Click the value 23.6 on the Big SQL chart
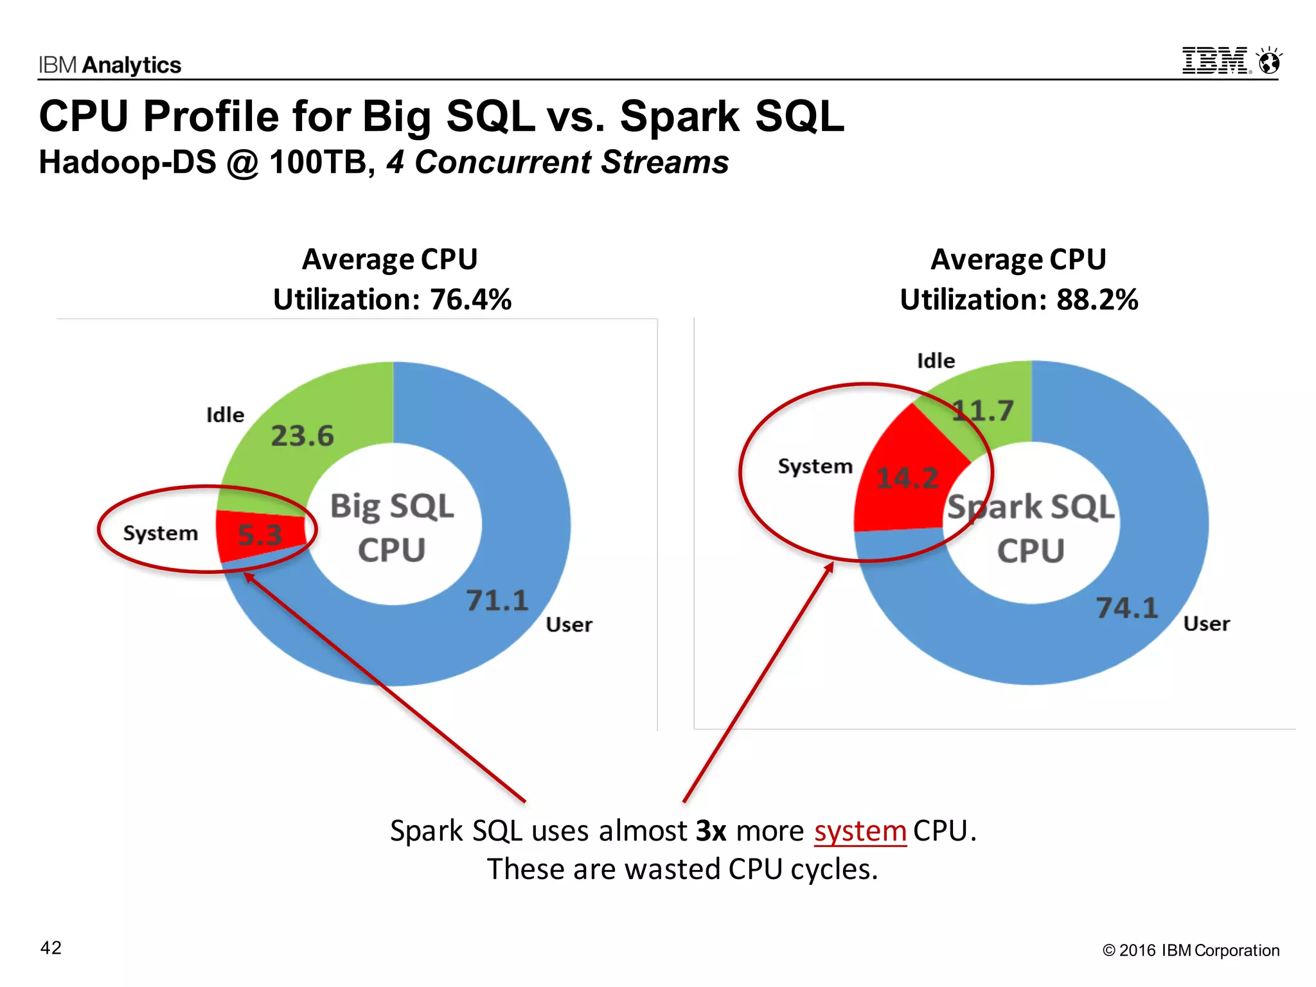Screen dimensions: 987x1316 click(x=302, y=436)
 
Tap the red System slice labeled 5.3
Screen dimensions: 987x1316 click(x=260, y=535)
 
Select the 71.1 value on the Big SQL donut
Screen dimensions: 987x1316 click(x=497, y=601)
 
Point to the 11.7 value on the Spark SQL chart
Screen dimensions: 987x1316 click(x=983, y=411)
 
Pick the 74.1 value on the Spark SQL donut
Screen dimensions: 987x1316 click(x=1126, y=608)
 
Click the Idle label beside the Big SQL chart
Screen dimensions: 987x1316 click(x=225, y=415)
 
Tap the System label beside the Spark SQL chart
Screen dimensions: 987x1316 click(x=815, y=466)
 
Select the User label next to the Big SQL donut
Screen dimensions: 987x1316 click(x=569, y=625)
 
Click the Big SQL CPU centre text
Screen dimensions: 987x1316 click(x=392, y=528)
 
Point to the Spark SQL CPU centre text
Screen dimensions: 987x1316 click(x=1031, y=528)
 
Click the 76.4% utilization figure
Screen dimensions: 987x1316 click(x=470, y=299)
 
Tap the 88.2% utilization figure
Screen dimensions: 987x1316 click(x=1097, y=299)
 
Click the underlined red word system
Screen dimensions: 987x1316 click(x=860, y=831)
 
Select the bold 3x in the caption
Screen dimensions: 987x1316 click(x=711, y=831)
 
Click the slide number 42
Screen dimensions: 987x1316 click(x=51, y=948)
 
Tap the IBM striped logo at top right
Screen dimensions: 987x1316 click(x=1214, y=62)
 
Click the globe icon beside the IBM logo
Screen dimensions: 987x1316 click(x=1270, y=62)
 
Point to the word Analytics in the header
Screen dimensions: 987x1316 click(x=132, y=66)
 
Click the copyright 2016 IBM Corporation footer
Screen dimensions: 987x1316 click(x=1191, y=950)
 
